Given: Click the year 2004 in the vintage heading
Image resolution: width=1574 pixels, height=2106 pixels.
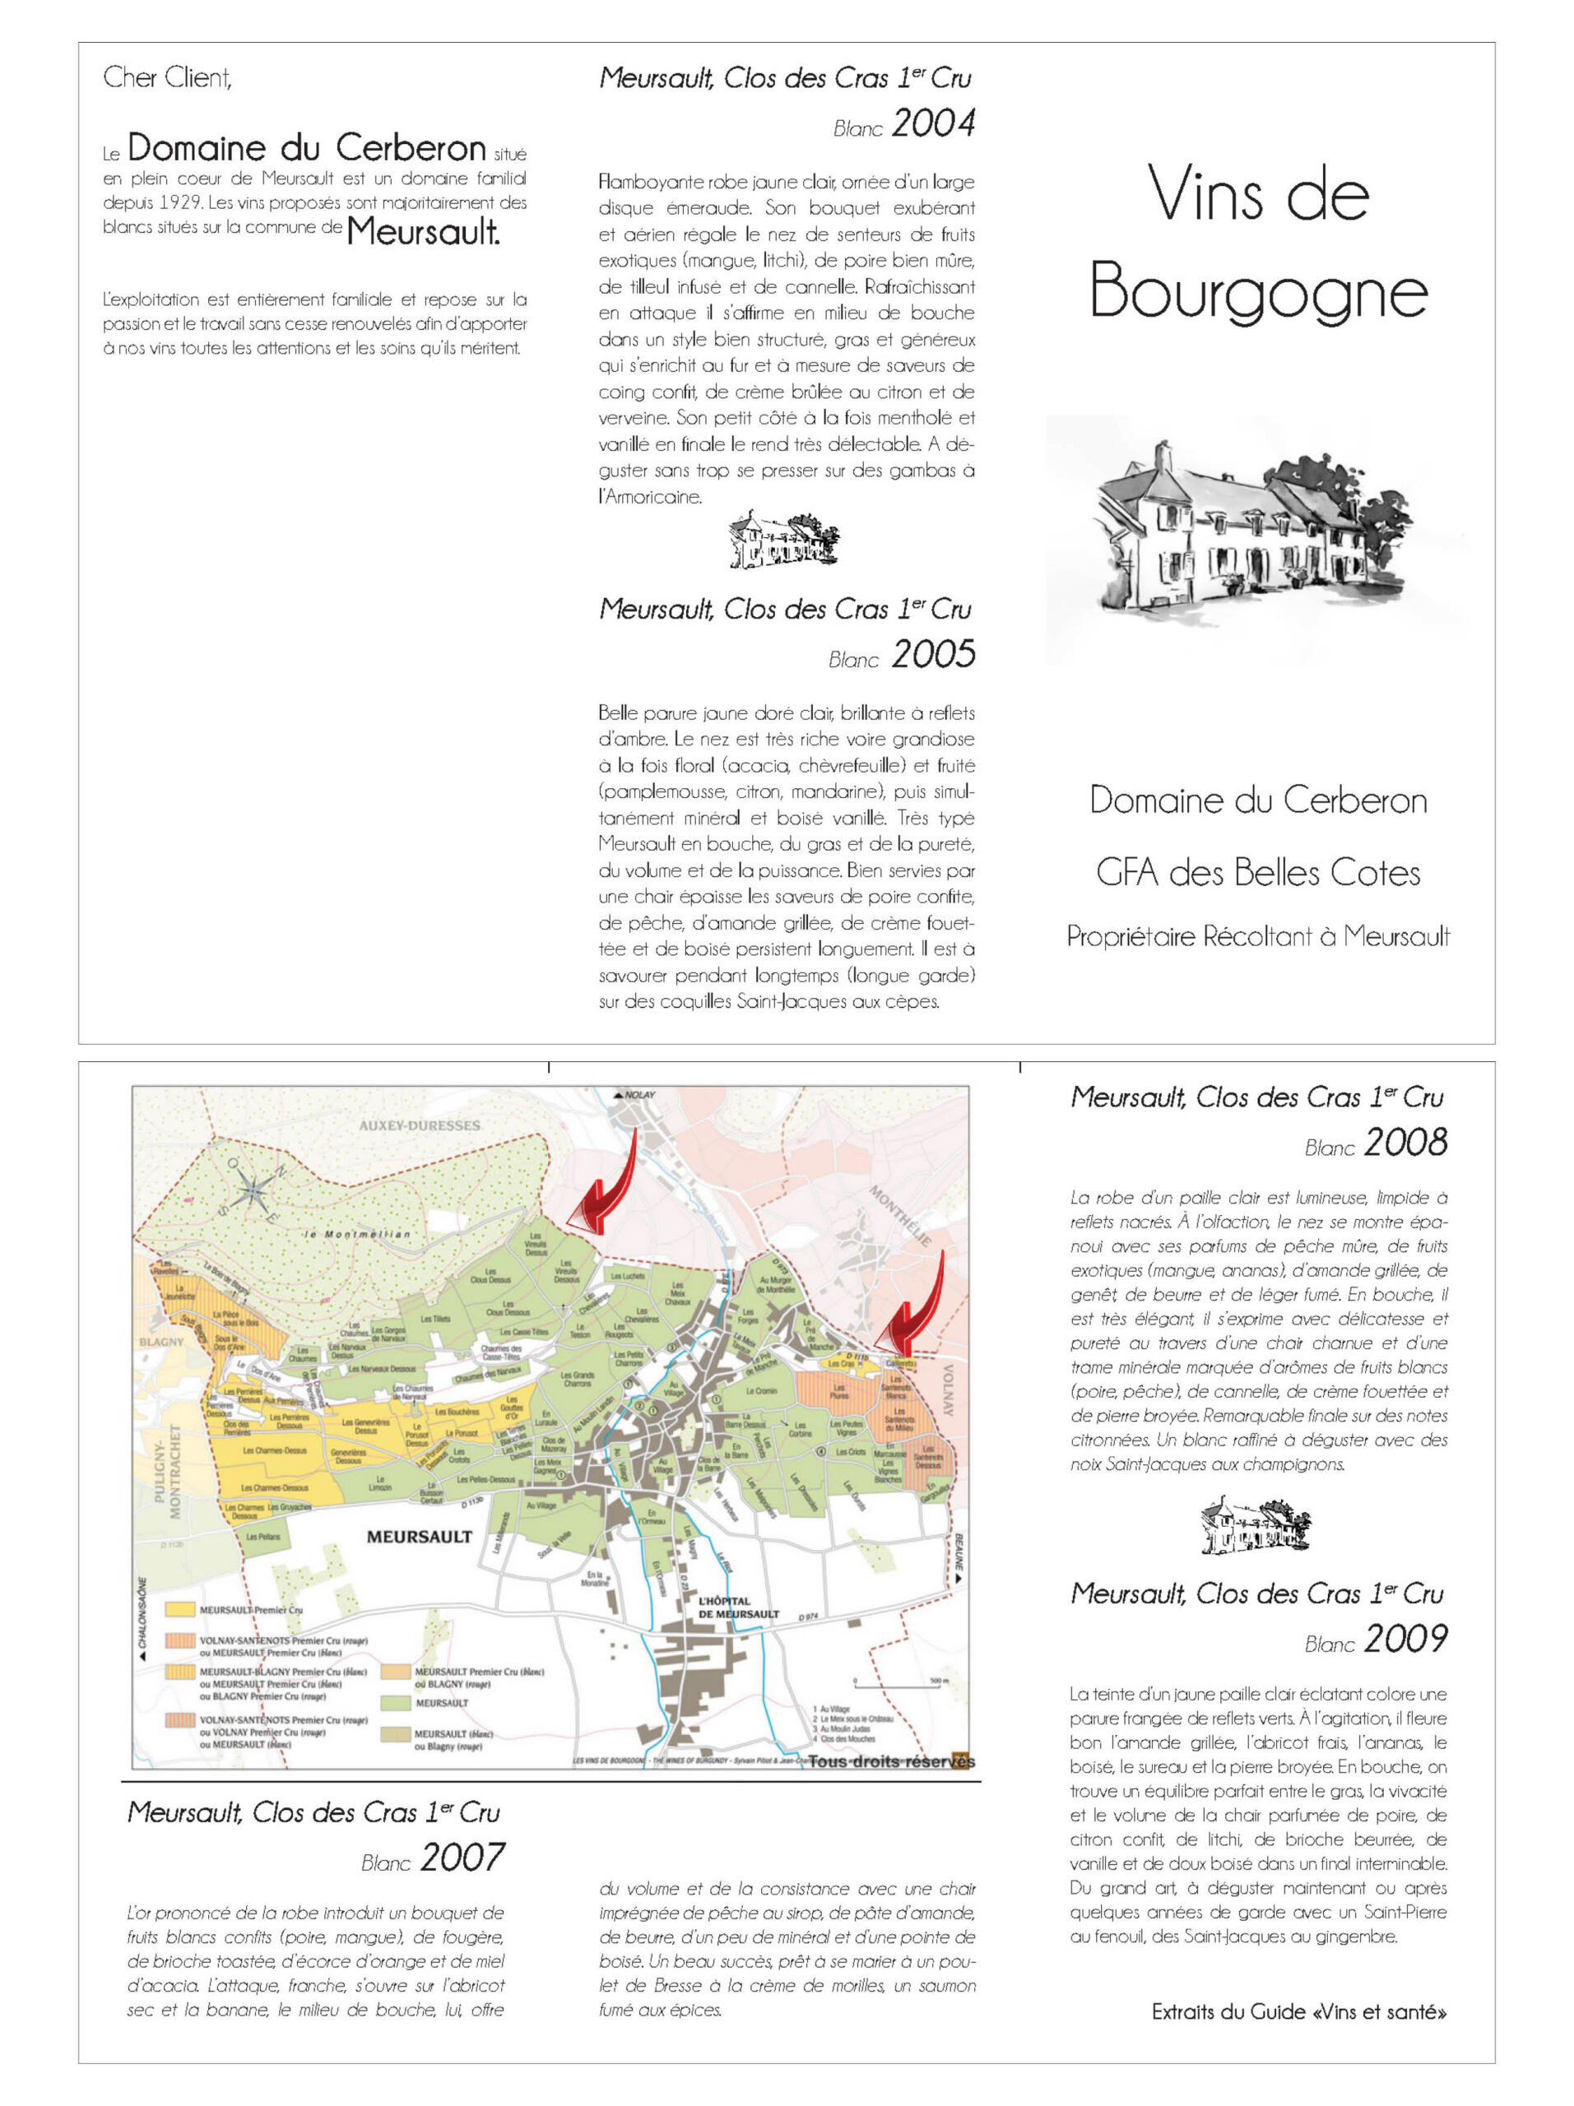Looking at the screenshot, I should click(933, 123).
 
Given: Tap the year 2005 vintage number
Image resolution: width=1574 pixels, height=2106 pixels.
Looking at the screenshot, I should click(933, 654).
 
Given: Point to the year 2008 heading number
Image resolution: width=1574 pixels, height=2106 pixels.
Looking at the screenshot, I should click(1405, 1143).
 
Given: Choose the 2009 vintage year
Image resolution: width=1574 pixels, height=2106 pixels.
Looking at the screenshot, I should click(1405, 1639).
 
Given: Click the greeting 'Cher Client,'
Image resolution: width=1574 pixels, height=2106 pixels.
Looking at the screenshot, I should click(168, 77).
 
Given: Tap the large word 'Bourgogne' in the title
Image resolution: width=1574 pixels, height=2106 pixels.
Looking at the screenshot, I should click(1258, 291).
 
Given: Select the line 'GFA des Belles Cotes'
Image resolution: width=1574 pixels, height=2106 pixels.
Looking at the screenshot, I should click(1258, 872).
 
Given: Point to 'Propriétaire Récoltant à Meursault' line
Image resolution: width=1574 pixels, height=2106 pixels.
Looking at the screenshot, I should click(1258, 936).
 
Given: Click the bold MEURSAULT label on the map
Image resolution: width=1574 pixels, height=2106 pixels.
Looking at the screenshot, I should click(419, 1536).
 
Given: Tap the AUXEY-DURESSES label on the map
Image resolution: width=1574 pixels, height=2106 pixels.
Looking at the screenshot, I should click(419, 1125).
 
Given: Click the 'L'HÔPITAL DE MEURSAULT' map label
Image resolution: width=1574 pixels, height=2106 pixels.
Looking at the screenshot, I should click(738, 1607).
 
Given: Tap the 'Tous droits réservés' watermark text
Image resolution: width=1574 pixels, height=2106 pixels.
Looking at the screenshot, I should click(890, 1761).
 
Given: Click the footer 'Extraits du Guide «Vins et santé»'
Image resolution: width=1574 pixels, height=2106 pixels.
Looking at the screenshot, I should click(1299, 2011).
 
